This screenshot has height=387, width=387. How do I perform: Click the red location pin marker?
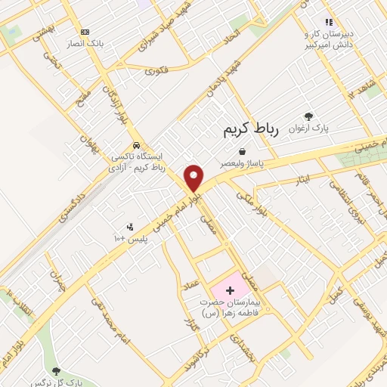194,178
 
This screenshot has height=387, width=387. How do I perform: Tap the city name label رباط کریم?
252,129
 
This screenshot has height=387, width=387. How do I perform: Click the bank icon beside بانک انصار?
85,32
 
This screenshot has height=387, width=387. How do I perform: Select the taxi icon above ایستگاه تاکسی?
135,145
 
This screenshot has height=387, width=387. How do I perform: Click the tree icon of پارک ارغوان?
308,116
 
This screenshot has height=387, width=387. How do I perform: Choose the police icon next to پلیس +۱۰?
129,226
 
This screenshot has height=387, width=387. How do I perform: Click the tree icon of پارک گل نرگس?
55,371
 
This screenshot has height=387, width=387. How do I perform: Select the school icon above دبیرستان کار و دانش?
328,23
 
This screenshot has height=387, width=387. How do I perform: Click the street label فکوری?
156,71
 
